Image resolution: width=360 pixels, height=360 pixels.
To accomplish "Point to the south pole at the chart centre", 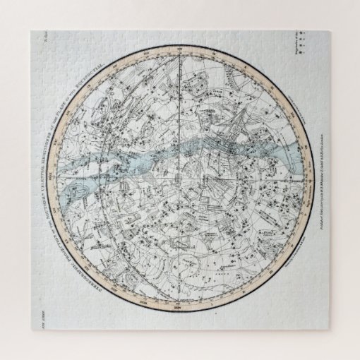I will (x=181, y=179).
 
